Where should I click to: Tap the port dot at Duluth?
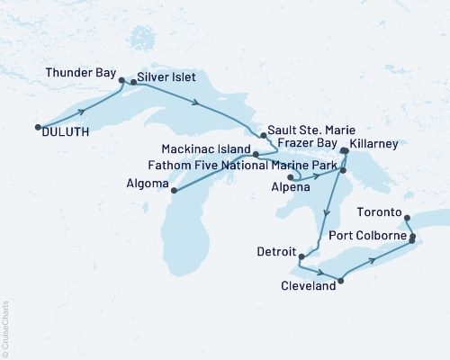point(37,127)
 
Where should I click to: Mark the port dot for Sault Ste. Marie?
point(263,135)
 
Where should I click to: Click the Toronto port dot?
point(407,217)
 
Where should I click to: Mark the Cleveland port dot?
point(340,281)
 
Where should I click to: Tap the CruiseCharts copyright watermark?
point(5,328)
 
